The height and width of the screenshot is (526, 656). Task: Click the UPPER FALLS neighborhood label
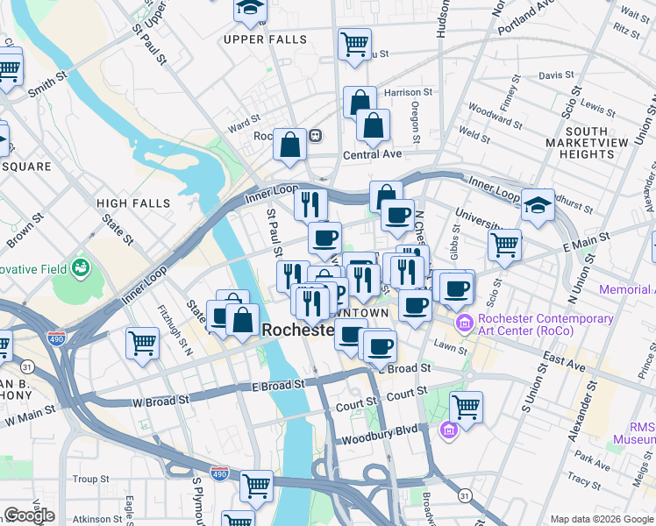[x=265, y=39]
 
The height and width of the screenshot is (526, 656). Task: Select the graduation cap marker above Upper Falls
[x=250, y=10]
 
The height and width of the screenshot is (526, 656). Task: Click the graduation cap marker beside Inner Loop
[x=537, y=204]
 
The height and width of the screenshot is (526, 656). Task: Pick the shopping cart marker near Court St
[x=466, y=406]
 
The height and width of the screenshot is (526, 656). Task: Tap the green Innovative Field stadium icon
[x=82, y=266]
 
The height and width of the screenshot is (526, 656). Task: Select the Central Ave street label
[x=372, y=154]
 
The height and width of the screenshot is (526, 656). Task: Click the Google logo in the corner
[x=29, y=516]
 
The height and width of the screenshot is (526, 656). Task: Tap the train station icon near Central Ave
[x=314, y=136]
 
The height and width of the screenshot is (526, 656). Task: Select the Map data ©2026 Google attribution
[x=601, y=519]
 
